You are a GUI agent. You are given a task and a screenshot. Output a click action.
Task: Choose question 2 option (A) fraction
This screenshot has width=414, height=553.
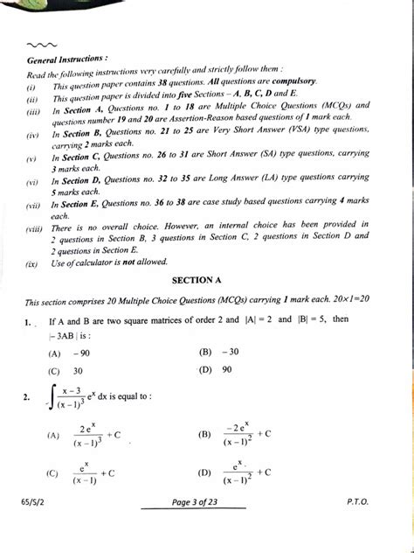pos(86,434)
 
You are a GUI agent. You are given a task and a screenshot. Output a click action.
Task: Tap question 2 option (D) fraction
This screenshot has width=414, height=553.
pos(236,473)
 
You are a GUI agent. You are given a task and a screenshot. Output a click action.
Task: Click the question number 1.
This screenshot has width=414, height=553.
pos(29,323)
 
